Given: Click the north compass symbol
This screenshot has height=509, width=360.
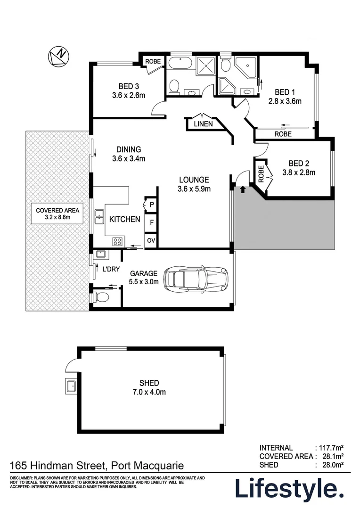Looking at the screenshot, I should click(58, 57).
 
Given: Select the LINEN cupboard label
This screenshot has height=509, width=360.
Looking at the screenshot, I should click(203, 124).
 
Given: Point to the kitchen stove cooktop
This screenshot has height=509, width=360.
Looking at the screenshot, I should click(118, 242).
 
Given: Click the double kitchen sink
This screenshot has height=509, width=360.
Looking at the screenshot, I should click(99, 217).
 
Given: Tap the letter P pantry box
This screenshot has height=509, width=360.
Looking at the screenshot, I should click(151, 204).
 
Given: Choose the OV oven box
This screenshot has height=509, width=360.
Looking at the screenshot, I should click(151, 240).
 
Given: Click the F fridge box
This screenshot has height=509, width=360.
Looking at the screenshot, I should click(151, 222).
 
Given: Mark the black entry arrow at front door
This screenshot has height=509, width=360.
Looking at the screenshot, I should click(243, 189).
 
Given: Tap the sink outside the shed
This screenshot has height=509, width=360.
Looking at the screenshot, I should click(71, 387).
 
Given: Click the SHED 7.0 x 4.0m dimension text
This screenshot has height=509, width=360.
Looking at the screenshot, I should click(149, 392).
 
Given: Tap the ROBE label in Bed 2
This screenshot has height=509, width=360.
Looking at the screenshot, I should click(260, 172).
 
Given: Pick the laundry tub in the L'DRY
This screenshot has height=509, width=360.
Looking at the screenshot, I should click(101, 254).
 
